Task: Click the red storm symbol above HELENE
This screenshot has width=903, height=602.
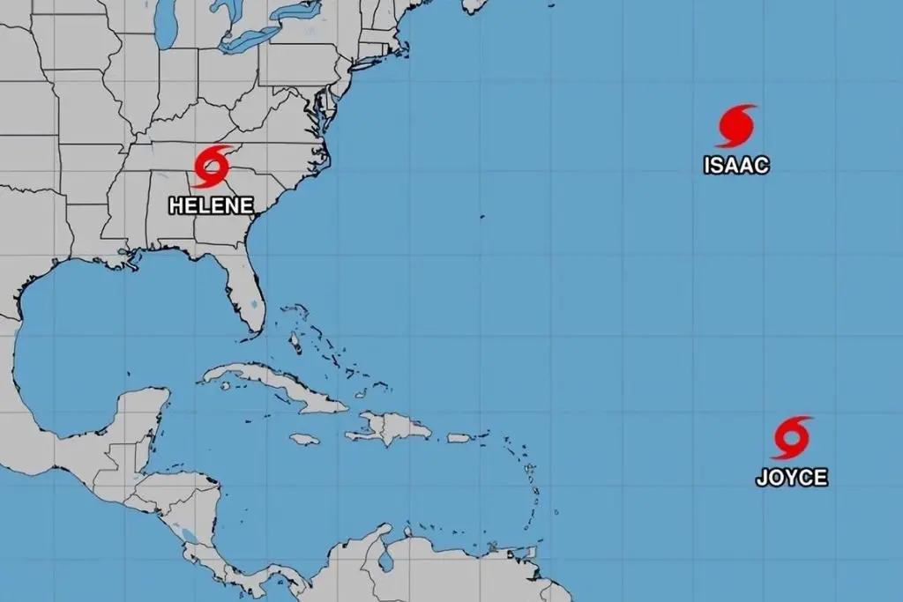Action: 212,167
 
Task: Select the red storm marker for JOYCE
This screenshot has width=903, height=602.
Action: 790,438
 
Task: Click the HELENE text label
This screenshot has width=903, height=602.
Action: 211,205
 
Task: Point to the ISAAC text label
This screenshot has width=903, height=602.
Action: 736,165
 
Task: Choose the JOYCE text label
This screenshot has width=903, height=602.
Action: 791,478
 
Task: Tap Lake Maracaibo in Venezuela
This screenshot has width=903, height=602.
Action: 385,557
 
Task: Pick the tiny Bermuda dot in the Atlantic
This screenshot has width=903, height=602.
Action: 481,215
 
